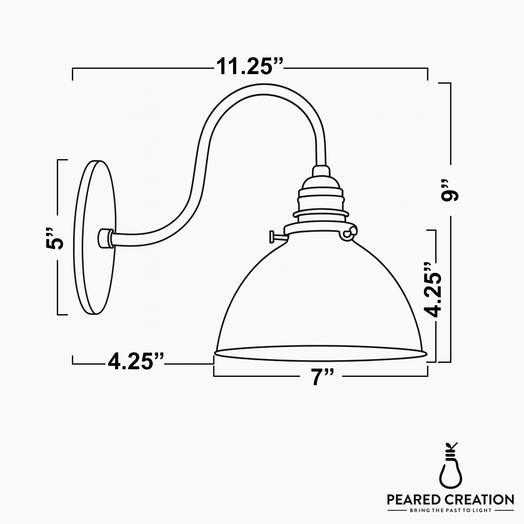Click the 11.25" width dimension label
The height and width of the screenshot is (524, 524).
click(249, 67)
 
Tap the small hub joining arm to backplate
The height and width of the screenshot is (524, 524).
click(105, 238)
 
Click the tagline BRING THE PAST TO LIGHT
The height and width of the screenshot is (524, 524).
click(450, 510)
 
